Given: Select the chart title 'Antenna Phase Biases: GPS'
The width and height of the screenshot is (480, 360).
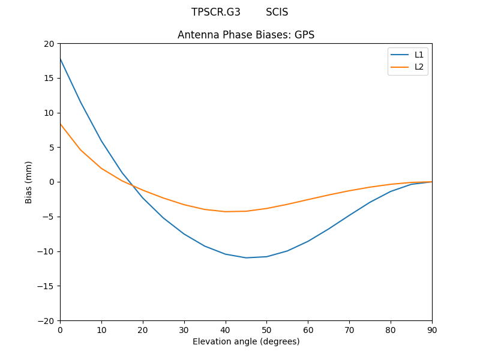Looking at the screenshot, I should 246,35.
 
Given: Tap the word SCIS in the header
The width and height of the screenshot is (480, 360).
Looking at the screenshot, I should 277,12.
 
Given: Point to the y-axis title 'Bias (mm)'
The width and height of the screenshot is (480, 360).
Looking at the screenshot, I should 29,182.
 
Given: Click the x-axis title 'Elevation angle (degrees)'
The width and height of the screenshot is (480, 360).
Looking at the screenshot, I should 246,341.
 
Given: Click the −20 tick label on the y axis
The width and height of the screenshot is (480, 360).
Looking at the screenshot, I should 47,320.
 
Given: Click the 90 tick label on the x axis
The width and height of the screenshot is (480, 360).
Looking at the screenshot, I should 432,329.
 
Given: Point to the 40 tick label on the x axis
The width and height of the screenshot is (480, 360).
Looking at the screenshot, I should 226,329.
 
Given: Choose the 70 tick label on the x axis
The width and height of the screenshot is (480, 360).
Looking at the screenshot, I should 349,329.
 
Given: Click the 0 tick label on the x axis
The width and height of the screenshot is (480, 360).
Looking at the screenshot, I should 60,329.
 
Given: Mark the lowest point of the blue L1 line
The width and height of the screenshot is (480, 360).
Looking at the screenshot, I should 246,257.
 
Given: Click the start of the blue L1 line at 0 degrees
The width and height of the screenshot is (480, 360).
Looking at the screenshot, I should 60,59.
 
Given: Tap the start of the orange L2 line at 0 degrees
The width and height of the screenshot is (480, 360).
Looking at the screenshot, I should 60,124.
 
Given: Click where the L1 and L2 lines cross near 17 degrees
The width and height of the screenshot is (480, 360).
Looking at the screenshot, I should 131,185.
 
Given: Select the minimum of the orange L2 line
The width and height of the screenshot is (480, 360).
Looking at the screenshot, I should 226,211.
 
